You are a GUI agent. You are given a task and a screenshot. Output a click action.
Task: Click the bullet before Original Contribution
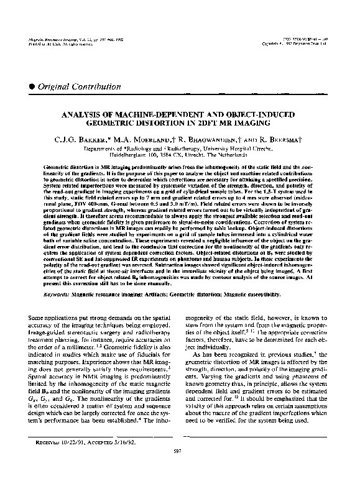coord(32,86)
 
